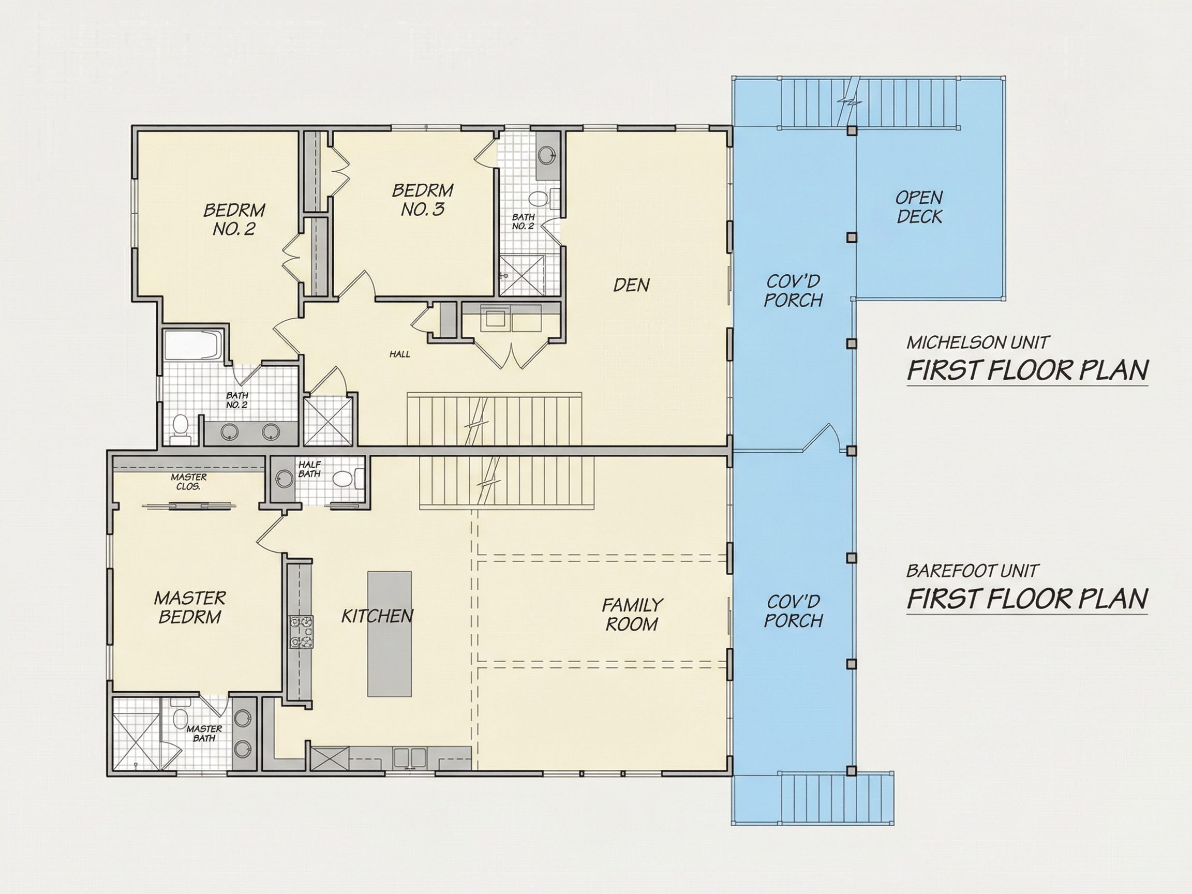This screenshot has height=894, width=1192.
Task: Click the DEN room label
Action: [x=631, y=285]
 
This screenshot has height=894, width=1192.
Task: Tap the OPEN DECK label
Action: [x=919, y=207]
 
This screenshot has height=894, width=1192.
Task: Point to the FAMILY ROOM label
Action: [x=632, y=614]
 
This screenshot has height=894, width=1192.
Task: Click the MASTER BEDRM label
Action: [x=190, y=607]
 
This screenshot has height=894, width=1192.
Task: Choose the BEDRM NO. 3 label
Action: [x=423, y=199]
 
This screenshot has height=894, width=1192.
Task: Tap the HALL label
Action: [x=400, y=354]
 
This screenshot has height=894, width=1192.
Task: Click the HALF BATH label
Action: [x=309, y=469]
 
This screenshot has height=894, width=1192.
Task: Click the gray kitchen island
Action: [x=390, y=634]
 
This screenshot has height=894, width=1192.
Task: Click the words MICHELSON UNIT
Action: [x=977, y=342]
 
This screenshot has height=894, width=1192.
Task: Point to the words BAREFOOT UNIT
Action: [x=972, y=571]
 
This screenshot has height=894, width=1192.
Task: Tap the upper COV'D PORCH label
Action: [x=793, y=290]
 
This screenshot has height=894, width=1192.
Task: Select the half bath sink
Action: [x=285, y=478]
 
